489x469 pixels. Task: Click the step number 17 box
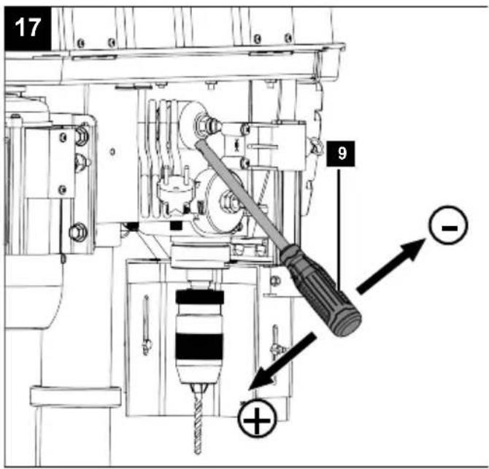(x=28, y=28)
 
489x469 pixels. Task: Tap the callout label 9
(x=341, y=153)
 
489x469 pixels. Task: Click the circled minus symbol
(x=448, y=225)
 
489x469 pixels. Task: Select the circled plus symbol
(x=257, y=418)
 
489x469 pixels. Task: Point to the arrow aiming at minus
(x=391, y=265)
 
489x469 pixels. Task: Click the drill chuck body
(x=199, y=336)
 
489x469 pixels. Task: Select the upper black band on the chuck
(x=199, y=297)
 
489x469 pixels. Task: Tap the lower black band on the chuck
(x=199, y=346)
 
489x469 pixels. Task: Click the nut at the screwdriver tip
(x=201, y=125)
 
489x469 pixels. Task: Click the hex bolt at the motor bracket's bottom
(x=78, y=231)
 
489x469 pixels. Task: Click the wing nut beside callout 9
(x=315, y=147)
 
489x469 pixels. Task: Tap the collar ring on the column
(x=75, y=396)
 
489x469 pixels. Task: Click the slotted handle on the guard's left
(x=146, y=325)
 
